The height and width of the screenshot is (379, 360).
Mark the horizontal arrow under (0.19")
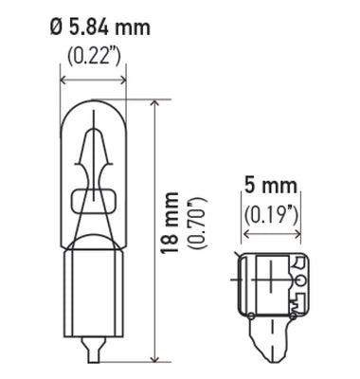[x=271, y=230]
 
